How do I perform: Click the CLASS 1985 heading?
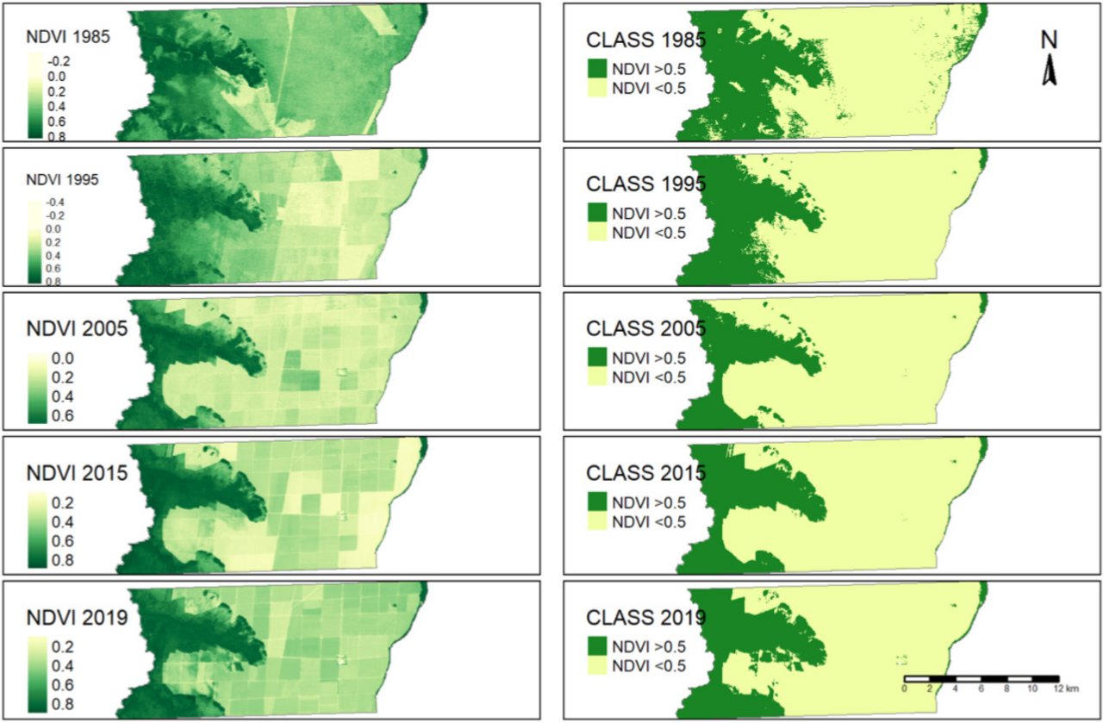coord(645,40)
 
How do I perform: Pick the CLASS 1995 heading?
coord(645,184)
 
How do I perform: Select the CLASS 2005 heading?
coord(645,328)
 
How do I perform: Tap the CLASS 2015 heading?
coord(645,473)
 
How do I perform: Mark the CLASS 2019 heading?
coord(645,617)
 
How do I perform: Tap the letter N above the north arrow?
coord(1050,41)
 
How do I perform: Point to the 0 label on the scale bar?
coord(905,689)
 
